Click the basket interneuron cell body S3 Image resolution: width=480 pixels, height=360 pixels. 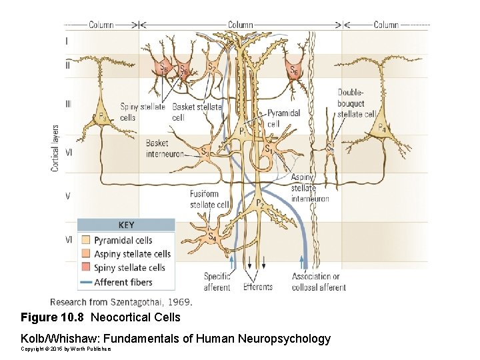click(206, 151)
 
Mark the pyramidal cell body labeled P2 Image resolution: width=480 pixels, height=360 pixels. click(259, 203)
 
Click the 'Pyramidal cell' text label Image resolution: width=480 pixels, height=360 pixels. click(283, 118)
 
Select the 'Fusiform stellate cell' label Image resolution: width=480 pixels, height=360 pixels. click(209, 199)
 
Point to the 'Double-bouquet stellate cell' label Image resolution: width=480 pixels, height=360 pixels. click(355, 103)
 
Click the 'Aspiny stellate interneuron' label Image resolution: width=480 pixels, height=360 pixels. click(309, 188)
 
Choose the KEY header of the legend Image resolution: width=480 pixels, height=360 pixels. click(126, 225)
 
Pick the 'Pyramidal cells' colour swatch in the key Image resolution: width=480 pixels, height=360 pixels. click(85, 240)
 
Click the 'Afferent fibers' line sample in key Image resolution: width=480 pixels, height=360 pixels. click(85, 282)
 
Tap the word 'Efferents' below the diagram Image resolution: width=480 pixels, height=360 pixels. click(257, 287)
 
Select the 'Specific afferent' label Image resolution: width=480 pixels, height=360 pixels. click(217, 282)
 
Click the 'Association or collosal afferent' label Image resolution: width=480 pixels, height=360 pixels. click(318, 282)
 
